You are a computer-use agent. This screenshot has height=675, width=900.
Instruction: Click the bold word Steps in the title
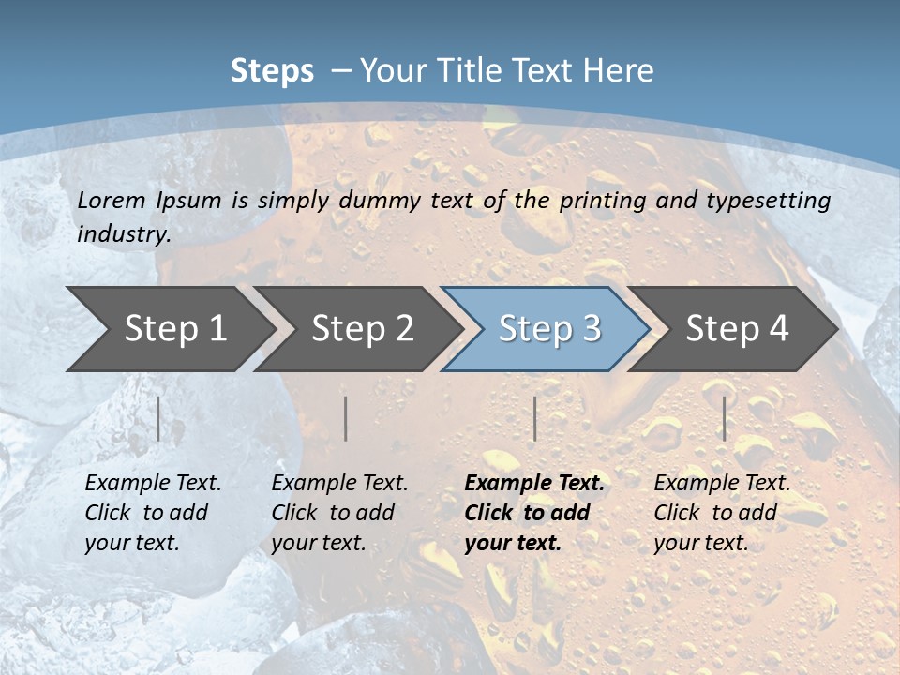pos(272,71)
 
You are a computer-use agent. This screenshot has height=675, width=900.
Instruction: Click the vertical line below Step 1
pos(158,418)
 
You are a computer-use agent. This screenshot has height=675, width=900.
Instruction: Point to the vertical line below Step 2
pos(346,418)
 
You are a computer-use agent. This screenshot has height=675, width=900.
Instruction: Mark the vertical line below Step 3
pos(534,418)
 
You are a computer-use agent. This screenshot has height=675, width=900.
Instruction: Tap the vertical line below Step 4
pos(724,418)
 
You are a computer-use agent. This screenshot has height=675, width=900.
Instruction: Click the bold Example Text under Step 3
pos(534,484)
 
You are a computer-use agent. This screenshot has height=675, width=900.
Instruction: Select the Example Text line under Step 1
pos(153,484)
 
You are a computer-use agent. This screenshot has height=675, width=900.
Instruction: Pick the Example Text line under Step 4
pos(722,484)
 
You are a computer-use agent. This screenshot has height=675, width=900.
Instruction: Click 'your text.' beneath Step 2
pos(319,543)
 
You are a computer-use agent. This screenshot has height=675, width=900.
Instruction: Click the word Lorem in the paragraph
pos(112,200)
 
